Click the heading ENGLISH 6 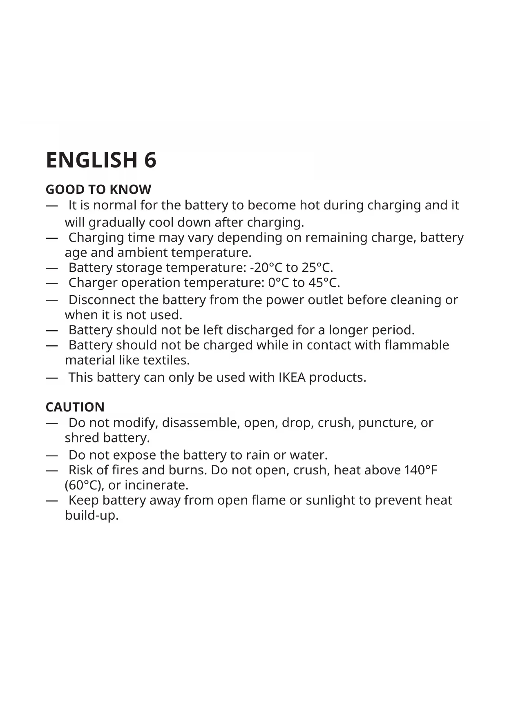tap(101, 160)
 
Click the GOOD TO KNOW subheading tap(98, 189)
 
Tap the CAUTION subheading tap(75, 407)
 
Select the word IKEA tap(292, 377)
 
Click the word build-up tap(92, 516)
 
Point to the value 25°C tap(317, 268)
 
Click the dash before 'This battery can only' tap(51, 377)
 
